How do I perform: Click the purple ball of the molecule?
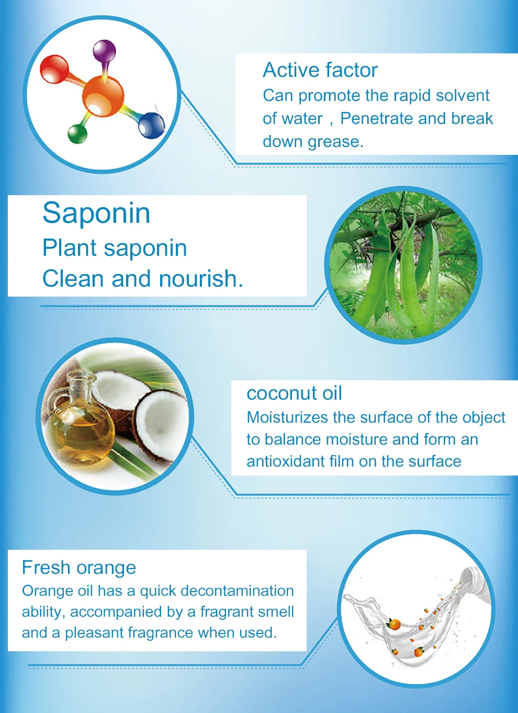click(105, 51)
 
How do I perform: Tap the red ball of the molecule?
click(54, 69)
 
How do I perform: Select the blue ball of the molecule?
click(152, 125)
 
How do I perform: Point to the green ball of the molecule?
click(77, 134)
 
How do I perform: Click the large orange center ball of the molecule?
click(103, 96)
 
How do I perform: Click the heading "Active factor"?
click(320, 70)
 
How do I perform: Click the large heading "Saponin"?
click(96, 213)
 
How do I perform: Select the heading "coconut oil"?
click(294, 393)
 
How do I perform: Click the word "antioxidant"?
click(286, 461)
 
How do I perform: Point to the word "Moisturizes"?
click(287, 417)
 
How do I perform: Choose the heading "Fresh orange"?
click(79, 568)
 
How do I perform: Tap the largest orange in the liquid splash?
click(395, 625)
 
